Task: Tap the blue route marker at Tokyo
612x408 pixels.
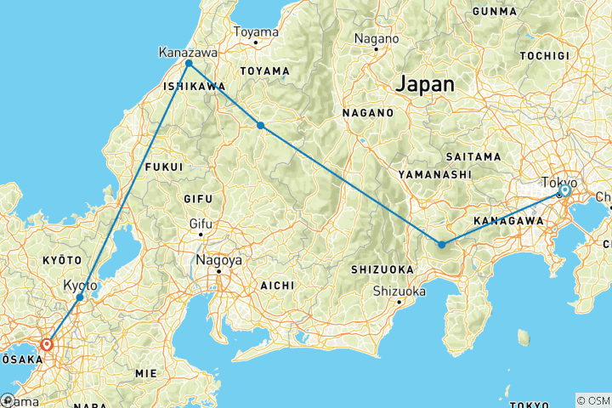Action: pos(564,191)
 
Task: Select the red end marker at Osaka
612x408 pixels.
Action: pos(47,345)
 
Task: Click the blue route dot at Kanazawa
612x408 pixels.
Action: pos(189,64)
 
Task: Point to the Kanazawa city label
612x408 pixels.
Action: pos(188,53)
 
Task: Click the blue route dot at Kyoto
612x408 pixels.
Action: pos(80,297)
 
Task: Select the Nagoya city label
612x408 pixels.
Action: pos(218,260)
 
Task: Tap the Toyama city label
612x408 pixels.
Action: pos(256,32)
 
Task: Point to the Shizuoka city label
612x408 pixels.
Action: pos(399,292)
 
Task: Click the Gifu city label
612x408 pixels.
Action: pos(199,225)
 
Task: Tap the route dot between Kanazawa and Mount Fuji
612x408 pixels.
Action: pos(261,126)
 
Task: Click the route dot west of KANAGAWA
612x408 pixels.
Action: pos(442,245)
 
